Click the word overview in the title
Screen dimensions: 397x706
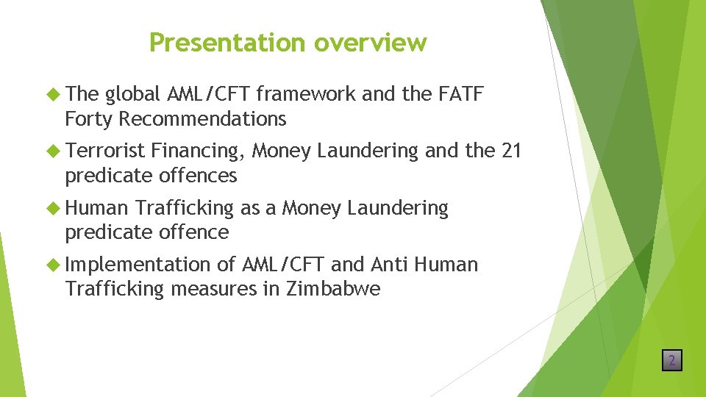tap(370, 43)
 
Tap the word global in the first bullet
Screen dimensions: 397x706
tap(133, 94)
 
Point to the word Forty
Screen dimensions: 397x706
tap(89, 118)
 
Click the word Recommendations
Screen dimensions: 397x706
tap(202, 118)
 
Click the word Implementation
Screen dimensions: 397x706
tap(138, 264)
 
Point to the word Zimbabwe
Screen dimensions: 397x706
tap(333, 289)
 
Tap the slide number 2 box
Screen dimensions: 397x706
tap(671, 360)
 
